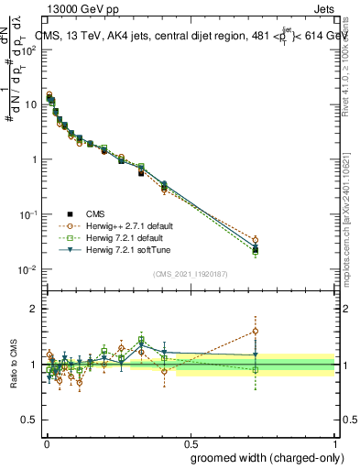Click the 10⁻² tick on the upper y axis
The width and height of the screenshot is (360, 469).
28,269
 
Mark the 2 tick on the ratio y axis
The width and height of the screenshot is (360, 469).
33,310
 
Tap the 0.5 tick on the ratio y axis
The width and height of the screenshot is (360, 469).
29,420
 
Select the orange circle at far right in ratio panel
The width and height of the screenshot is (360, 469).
256,331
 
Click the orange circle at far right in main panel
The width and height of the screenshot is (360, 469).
256,241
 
